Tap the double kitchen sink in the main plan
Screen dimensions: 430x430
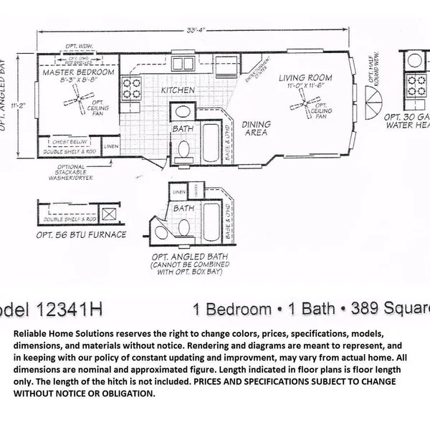point(187,63)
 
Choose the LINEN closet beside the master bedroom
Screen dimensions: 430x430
point(111,147)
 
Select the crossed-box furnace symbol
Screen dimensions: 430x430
point(110,214)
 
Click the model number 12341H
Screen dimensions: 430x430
point(68,310)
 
